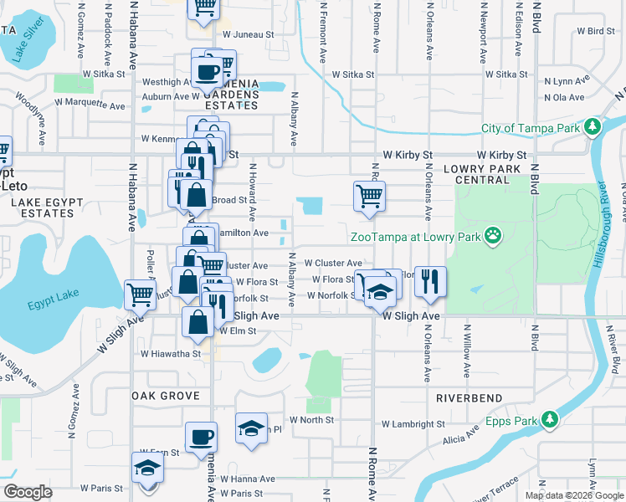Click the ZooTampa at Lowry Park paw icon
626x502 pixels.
coord(494,237)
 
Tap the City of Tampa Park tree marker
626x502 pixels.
coord(593,128)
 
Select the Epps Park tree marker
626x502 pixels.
coord(549,418)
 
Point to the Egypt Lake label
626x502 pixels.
coord(47,305)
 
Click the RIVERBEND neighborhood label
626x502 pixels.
coord(469,398)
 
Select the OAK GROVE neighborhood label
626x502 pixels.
coord(165,396)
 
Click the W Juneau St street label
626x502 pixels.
coord(249,34)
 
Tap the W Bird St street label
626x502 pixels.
coord(596,31)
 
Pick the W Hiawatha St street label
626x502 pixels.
coord(171,353)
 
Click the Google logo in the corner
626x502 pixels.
coord(28,492)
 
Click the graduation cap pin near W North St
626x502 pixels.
coord(249,428)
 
